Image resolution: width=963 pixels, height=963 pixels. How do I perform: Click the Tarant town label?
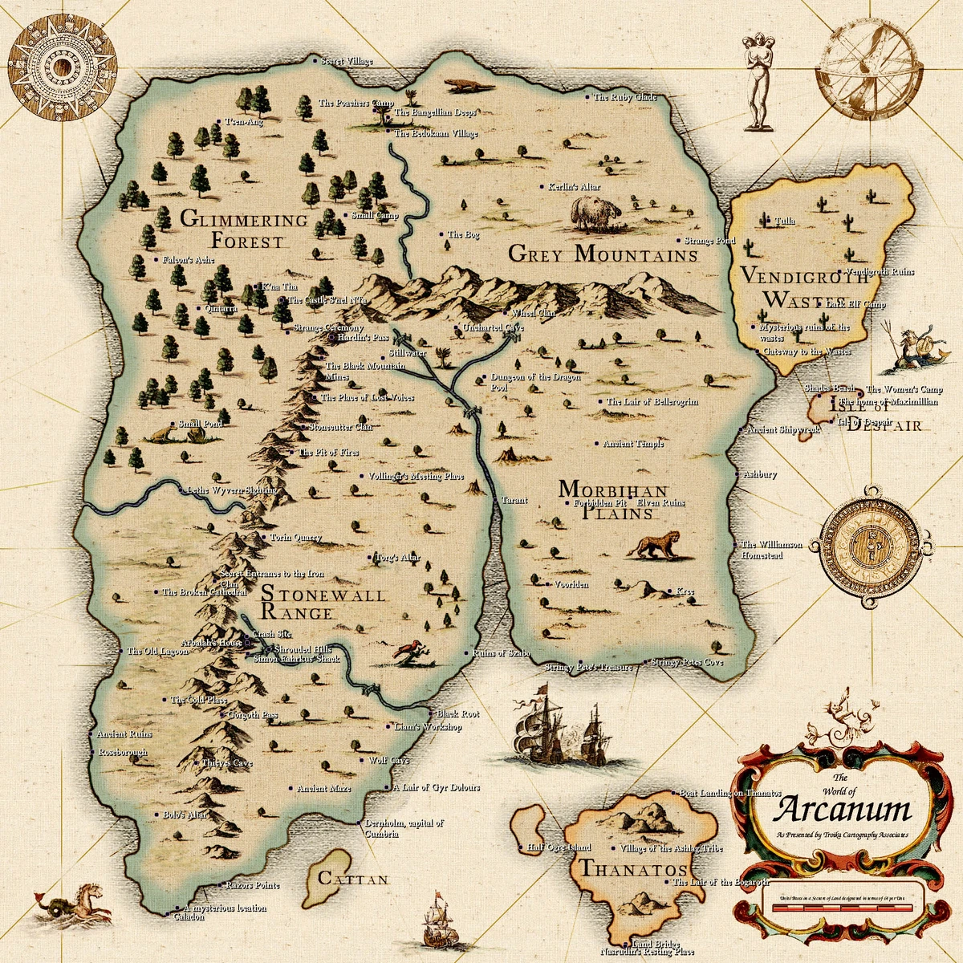click(x=514, y=500)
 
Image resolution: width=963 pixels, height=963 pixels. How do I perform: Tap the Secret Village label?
click(x=346, y=61)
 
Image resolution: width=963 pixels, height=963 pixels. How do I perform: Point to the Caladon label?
click(x=189, y=916)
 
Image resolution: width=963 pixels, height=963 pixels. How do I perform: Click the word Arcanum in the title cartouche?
click(x=843, y=809)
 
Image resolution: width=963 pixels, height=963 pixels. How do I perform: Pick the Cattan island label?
click(x=353, y=880)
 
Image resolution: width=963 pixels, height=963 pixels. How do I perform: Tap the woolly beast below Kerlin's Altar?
click(x=595, y=213)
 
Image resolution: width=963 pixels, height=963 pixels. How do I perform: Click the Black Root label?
click(x=457, y=713)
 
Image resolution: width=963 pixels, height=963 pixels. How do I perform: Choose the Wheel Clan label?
click(x=533, y=313)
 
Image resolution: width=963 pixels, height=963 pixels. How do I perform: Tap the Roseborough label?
click(x=122, y=753)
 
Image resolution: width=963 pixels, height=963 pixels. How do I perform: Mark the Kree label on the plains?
click(x=684, y=591)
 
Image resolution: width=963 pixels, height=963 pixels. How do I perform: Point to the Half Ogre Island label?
click(x=559, y=847)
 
